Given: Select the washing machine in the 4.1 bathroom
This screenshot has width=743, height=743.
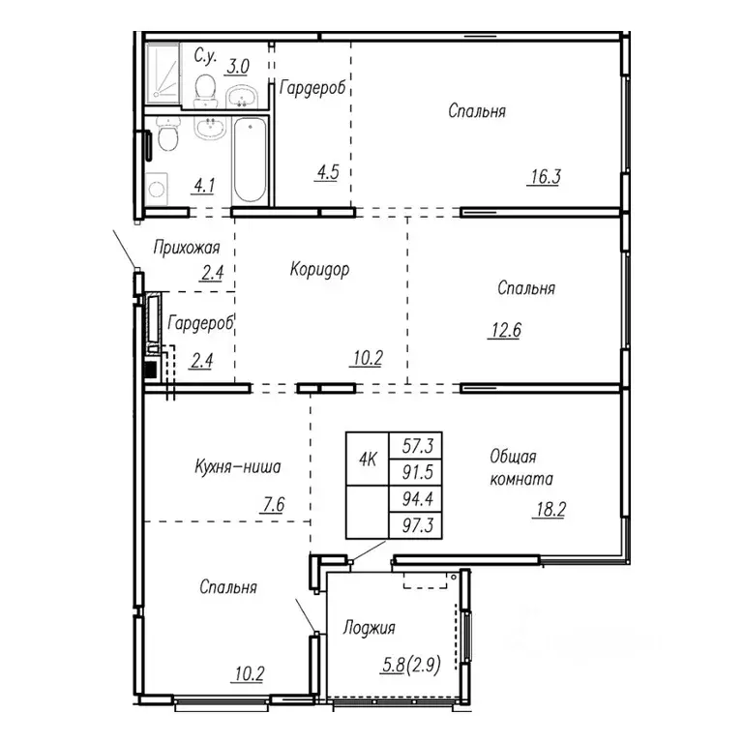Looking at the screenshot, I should (x=156, y=187).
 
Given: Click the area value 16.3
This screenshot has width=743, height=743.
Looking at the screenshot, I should (x=545, y=176).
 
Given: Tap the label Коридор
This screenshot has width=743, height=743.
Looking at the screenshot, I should (x=319, y=270).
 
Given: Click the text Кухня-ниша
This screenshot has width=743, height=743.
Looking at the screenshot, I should (x=237, y=467).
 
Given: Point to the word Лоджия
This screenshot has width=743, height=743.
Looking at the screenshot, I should (x=370, y=629).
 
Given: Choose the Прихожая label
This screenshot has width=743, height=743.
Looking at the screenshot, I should (x=187, y=248).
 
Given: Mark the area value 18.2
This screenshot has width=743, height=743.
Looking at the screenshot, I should (x=549, y=510).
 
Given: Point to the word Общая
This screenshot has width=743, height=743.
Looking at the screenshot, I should (x=513, y=456).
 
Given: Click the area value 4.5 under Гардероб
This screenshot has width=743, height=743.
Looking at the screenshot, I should (x=325, y=175).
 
